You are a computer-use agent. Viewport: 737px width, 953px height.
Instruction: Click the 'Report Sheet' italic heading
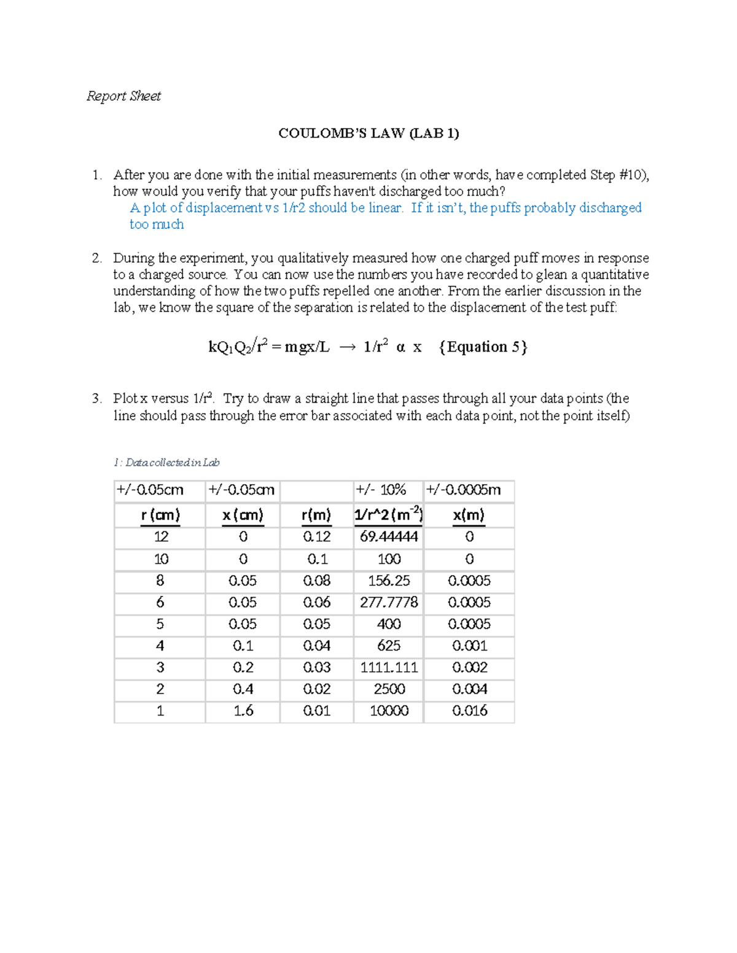[x=123, y=96]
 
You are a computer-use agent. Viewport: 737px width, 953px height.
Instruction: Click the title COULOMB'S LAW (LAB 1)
[x=368, y=133]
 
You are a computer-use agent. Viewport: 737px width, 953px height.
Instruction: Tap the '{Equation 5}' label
[x=483, y=347]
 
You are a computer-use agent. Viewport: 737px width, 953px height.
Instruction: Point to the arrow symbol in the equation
[x=347, y=348]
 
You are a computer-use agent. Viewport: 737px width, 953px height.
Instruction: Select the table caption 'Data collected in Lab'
[x=167, y=463]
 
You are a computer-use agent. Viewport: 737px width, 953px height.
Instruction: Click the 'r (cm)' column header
[x=160, y=515]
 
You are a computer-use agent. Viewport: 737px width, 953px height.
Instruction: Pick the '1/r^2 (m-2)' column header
[x=388, y=515]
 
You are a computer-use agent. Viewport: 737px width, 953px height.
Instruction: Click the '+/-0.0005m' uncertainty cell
[x=464, y=490]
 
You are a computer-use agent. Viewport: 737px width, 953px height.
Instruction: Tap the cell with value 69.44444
[x=389, y=537]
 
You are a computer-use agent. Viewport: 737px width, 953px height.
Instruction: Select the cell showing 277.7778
[x=389, y=603]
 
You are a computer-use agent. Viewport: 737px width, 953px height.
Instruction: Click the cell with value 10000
[x=389, y=711]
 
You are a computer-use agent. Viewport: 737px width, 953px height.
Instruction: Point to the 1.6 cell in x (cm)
[x=243, y=711]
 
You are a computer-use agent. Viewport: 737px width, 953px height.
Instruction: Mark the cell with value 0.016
[x=469, y=711]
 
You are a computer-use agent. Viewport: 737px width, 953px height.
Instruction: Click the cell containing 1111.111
[x=389, y=668]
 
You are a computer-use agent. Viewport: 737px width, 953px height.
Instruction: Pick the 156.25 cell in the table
[x=389, y=581]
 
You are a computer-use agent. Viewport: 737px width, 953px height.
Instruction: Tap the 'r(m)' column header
[x=316, y=515]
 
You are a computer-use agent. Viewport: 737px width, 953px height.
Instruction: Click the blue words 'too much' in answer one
[x=157, y=225]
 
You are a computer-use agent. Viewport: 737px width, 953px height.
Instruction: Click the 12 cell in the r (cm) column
[x=160, y=537]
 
